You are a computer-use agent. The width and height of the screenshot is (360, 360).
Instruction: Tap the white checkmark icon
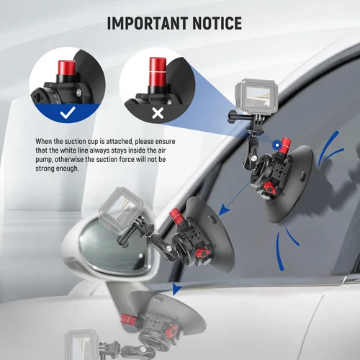coord(67,113)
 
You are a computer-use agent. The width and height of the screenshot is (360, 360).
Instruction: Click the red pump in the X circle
coord(156,70)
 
